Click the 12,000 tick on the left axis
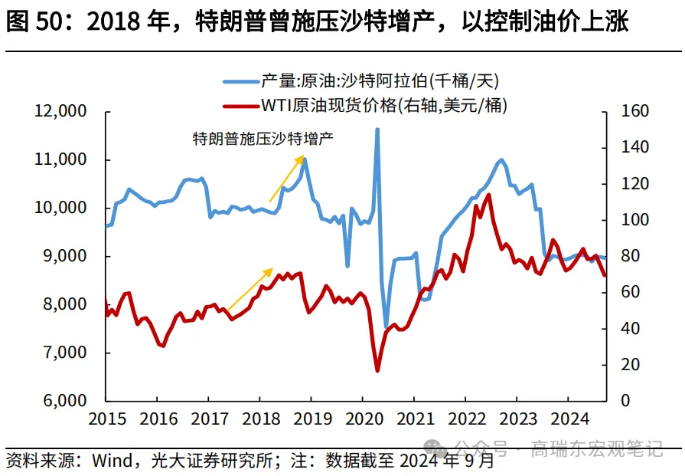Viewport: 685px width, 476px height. [x=62, y=112]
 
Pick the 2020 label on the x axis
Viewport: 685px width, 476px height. [x=362, y=419]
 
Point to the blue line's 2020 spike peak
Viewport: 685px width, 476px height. [x=377, y=130]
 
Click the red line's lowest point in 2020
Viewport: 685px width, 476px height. [x=377, y=371]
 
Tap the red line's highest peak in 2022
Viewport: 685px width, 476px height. [x=488, y=195]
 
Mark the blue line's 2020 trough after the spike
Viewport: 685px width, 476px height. [x=387, y=327]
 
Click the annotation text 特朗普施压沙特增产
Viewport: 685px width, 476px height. [x=263, y=139]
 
